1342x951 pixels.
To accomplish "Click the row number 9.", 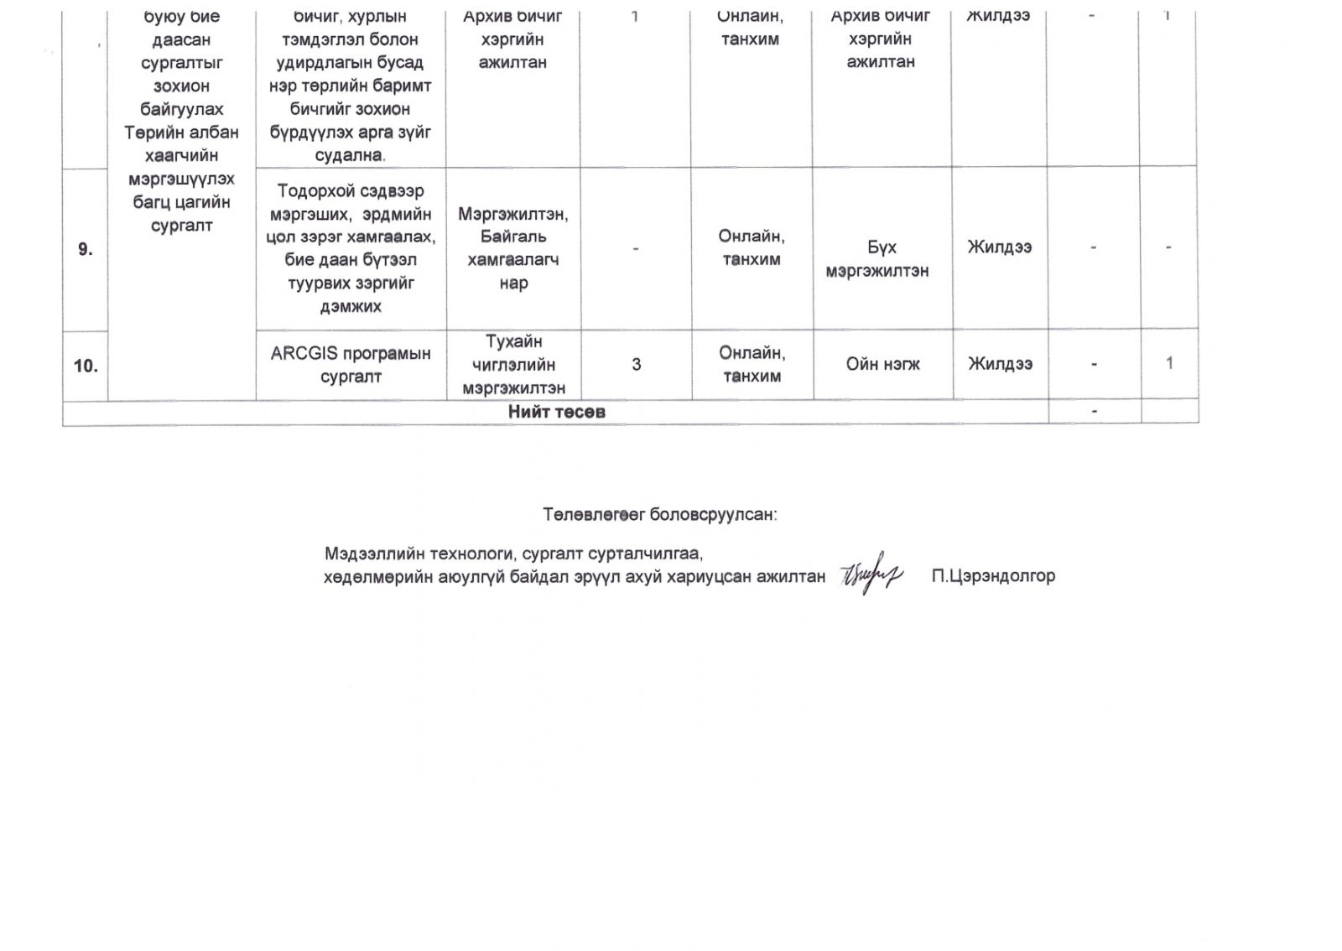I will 85,249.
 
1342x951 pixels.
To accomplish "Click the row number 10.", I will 86,366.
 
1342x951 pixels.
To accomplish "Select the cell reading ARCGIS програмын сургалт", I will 351,365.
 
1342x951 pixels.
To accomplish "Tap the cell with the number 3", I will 637,364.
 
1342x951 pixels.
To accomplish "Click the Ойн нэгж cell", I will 882,364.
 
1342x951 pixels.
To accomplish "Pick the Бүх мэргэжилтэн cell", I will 878,259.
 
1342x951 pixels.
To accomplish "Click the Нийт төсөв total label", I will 556,412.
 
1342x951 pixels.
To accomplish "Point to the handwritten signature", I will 871,574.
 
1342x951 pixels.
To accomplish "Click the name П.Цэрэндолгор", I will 993,576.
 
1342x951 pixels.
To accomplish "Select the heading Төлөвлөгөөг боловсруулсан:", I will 660,514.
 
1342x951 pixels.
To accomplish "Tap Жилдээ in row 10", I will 1000,363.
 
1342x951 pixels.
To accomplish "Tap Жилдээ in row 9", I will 999,247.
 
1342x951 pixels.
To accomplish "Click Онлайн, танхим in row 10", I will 752,364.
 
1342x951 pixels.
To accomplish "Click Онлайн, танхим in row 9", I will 752,247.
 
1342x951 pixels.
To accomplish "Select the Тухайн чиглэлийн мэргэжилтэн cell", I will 514,365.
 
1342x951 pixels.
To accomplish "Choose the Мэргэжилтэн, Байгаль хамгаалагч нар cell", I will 513,248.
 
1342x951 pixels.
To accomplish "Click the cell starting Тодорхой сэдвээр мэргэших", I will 351,248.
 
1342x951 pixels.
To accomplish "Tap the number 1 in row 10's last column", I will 1169,363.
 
